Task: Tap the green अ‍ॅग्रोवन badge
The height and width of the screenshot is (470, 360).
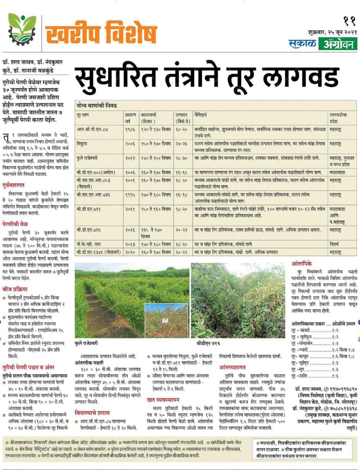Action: [338, 44]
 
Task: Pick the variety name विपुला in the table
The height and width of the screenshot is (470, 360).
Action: [82, 144]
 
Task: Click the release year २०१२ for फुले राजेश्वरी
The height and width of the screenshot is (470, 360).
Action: [130, 158]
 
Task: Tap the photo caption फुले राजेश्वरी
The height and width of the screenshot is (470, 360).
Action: [86, 343]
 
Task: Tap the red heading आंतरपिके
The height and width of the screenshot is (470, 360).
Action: [302, 264]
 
